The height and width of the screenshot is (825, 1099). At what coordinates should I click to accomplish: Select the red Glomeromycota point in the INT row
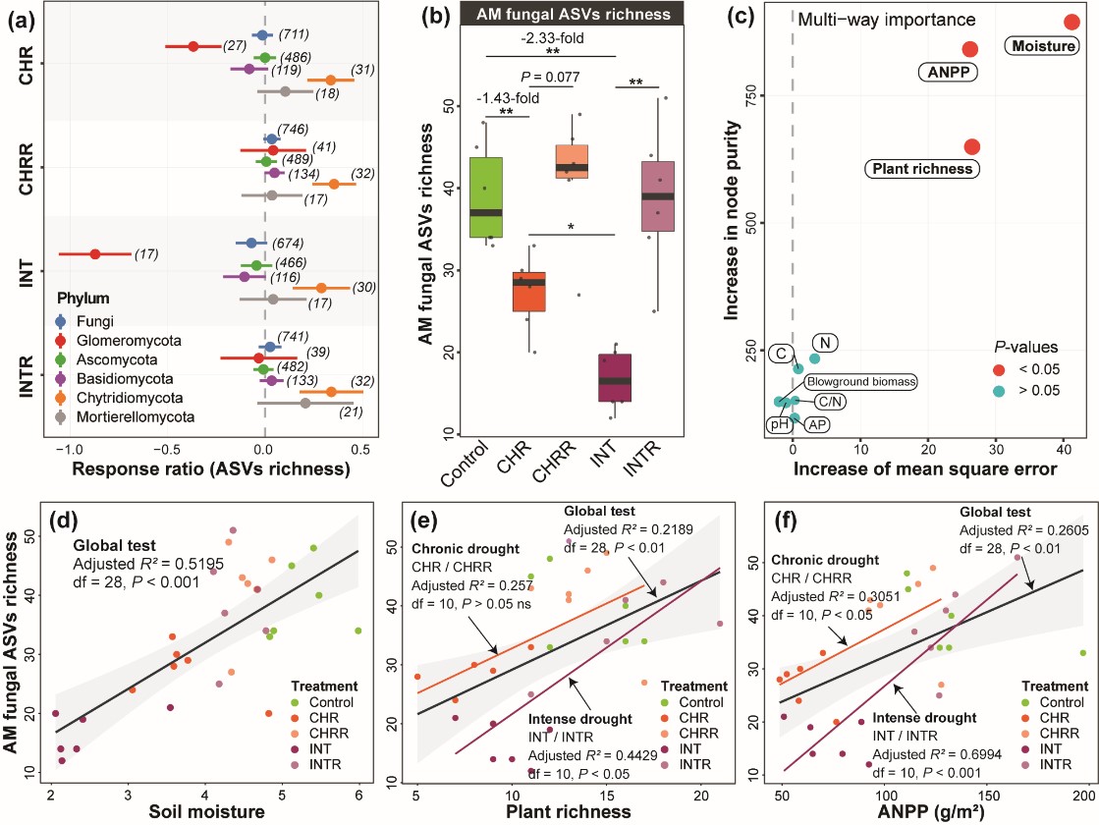(95, 253)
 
